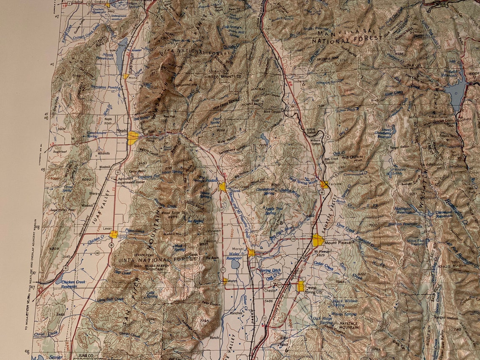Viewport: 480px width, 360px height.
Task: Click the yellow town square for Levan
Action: pyautogui.click(x=113, y=234)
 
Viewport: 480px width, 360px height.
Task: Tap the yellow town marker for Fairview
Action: pyautogui.click(x=324, y=184)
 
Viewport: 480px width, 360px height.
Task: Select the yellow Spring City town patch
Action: pyautogui.click(x=301, y=286)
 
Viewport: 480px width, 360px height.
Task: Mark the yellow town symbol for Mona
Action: pyautogui.click(x=126, y=77)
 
